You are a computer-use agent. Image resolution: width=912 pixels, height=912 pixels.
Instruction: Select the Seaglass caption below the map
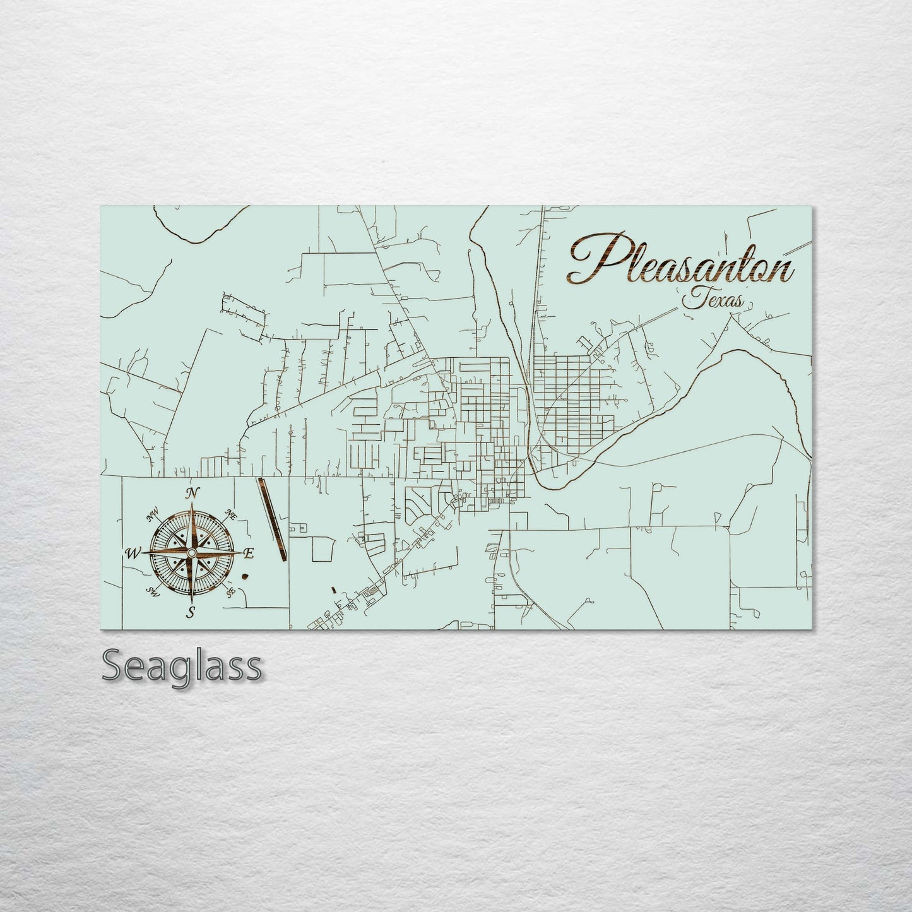coord(181,665)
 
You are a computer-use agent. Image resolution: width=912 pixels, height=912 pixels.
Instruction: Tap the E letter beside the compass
coord(249,554)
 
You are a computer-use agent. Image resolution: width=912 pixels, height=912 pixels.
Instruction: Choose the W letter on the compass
coord(133,554)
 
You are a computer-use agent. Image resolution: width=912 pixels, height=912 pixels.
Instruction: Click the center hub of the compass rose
coord(191,553)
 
